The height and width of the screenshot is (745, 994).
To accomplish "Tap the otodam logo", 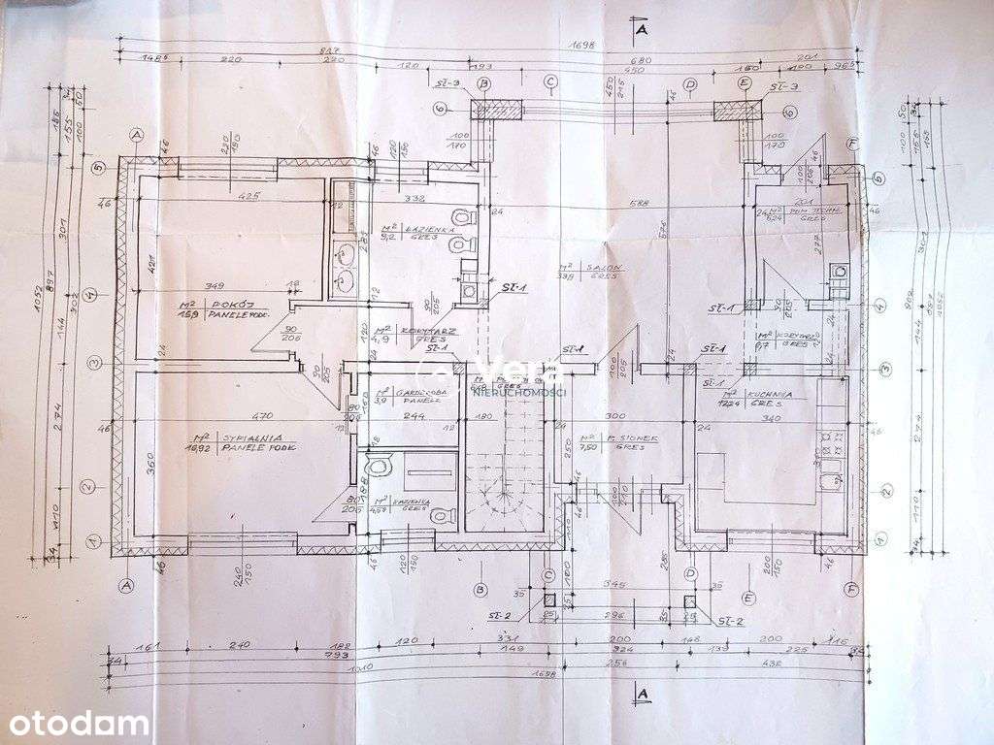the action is pyautogui.click(x=76, y=724).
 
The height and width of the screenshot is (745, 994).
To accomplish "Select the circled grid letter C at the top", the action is pyautogui.click(x=549, y=83).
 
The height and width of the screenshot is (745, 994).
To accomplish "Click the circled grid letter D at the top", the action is pyautogui.click(x=690, y=84).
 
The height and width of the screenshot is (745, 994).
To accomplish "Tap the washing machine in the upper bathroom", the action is pyautogui.click(x=470, y=289).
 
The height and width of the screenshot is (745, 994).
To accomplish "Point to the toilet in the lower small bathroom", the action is pyautogui.click(x=447, y=515).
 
